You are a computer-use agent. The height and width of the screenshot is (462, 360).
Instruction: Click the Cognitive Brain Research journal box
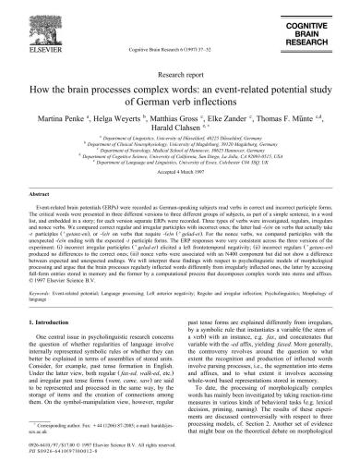(318, 20)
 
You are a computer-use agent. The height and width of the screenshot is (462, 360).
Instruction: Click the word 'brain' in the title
(110, 90)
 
